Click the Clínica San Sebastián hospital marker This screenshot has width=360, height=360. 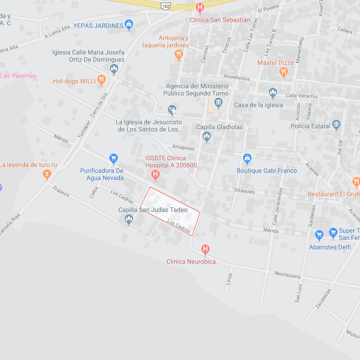point(200,8)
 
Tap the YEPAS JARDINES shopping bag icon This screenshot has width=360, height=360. point(129,25)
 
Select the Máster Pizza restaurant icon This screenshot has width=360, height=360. point(283,72)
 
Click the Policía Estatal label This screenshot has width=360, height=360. point(310,126)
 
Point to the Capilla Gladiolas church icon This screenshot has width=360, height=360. point(207,136)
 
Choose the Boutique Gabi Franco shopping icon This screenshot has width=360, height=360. point(247,158)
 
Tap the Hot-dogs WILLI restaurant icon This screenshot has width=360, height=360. point(101,81)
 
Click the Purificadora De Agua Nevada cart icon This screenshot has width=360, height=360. point(113,158)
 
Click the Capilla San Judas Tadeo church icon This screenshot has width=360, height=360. point(129,219)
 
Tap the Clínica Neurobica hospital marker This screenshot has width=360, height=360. point(206,249)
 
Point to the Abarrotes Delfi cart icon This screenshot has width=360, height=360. point(319,234)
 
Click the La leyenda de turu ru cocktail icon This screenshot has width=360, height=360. point(47,175)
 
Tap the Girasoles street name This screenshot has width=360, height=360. point(245,191)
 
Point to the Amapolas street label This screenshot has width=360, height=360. point(183,148)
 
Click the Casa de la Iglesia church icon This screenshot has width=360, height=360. point(273,93)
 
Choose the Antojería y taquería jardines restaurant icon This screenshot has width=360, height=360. point(179,55)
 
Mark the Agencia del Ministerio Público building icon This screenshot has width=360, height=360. point(218,103)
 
